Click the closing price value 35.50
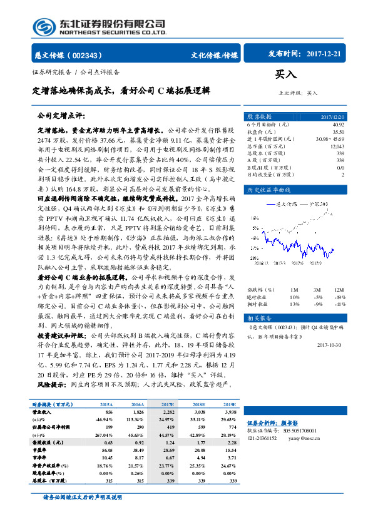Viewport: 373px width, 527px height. [x=339, y=132]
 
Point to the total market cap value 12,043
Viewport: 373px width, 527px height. [x=337, y=146]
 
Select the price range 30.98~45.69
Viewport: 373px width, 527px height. [x=330, y=139]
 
